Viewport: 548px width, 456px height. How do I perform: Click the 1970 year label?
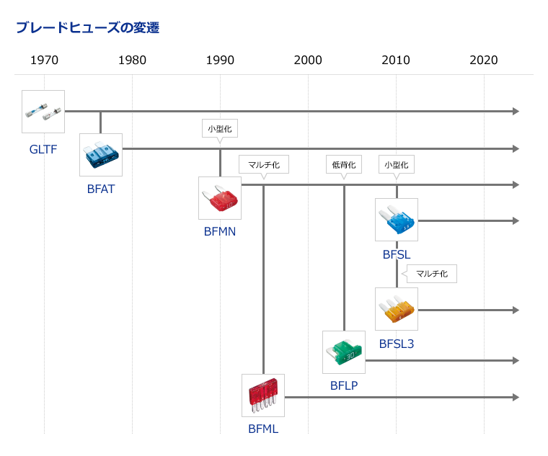45,60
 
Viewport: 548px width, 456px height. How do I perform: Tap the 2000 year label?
308,60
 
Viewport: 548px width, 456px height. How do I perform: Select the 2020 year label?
484,60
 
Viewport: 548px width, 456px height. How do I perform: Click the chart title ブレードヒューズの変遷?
88,27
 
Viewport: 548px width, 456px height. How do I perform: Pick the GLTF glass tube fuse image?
43,112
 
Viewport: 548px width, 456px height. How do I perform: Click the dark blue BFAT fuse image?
101,155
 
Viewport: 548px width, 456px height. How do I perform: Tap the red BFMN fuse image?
220,198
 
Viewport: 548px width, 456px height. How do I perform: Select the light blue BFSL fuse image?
397,220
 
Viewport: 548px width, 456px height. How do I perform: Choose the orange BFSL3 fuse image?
397,309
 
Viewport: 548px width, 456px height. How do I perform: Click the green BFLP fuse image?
344,352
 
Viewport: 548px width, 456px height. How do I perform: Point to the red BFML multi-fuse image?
263,395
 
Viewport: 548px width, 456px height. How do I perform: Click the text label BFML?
263,429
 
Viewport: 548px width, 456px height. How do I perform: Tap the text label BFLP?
344,385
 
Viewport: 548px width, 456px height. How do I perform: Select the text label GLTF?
43,149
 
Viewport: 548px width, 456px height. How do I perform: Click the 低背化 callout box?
344,164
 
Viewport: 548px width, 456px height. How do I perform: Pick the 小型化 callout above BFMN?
220,128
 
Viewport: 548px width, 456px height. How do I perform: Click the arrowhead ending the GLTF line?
516,112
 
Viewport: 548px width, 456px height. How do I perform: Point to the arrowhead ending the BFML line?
516,398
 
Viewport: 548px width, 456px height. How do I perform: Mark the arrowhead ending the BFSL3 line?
516,310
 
